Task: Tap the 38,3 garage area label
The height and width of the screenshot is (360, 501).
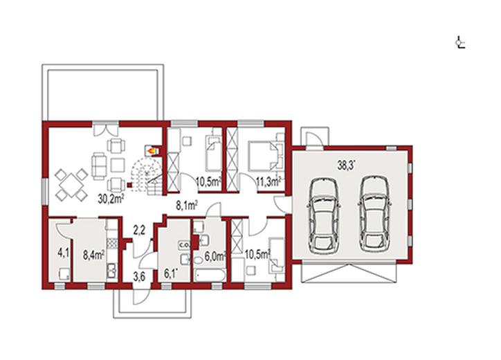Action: click(x=347, y=165)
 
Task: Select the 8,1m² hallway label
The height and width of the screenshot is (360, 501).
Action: click(x=187, y=206)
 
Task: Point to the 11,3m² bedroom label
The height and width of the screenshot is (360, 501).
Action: click(x=268, y=181)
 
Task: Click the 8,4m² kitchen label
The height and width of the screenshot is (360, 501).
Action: click(x=94, y=255)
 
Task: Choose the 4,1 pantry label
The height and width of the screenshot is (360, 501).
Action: click(x=63, y=253)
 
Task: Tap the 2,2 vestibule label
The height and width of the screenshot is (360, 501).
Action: click(x=139, y=230)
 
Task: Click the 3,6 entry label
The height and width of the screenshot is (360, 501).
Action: click(x=139, y=276)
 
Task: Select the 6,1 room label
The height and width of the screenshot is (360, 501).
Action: click(x=171, y=273)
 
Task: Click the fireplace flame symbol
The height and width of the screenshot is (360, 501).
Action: click(x=152, y=150)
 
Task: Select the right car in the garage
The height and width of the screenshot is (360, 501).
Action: click(x=375, y=213)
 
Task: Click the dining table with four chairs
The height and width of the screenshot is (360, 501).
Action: click(x=71, y=185)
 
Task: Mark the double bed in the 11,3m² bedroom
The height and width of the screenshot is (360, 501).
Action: click(x=263, y=155)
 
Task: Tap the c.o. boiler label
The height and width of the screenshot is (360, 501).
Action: click(x=185, y=245)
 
